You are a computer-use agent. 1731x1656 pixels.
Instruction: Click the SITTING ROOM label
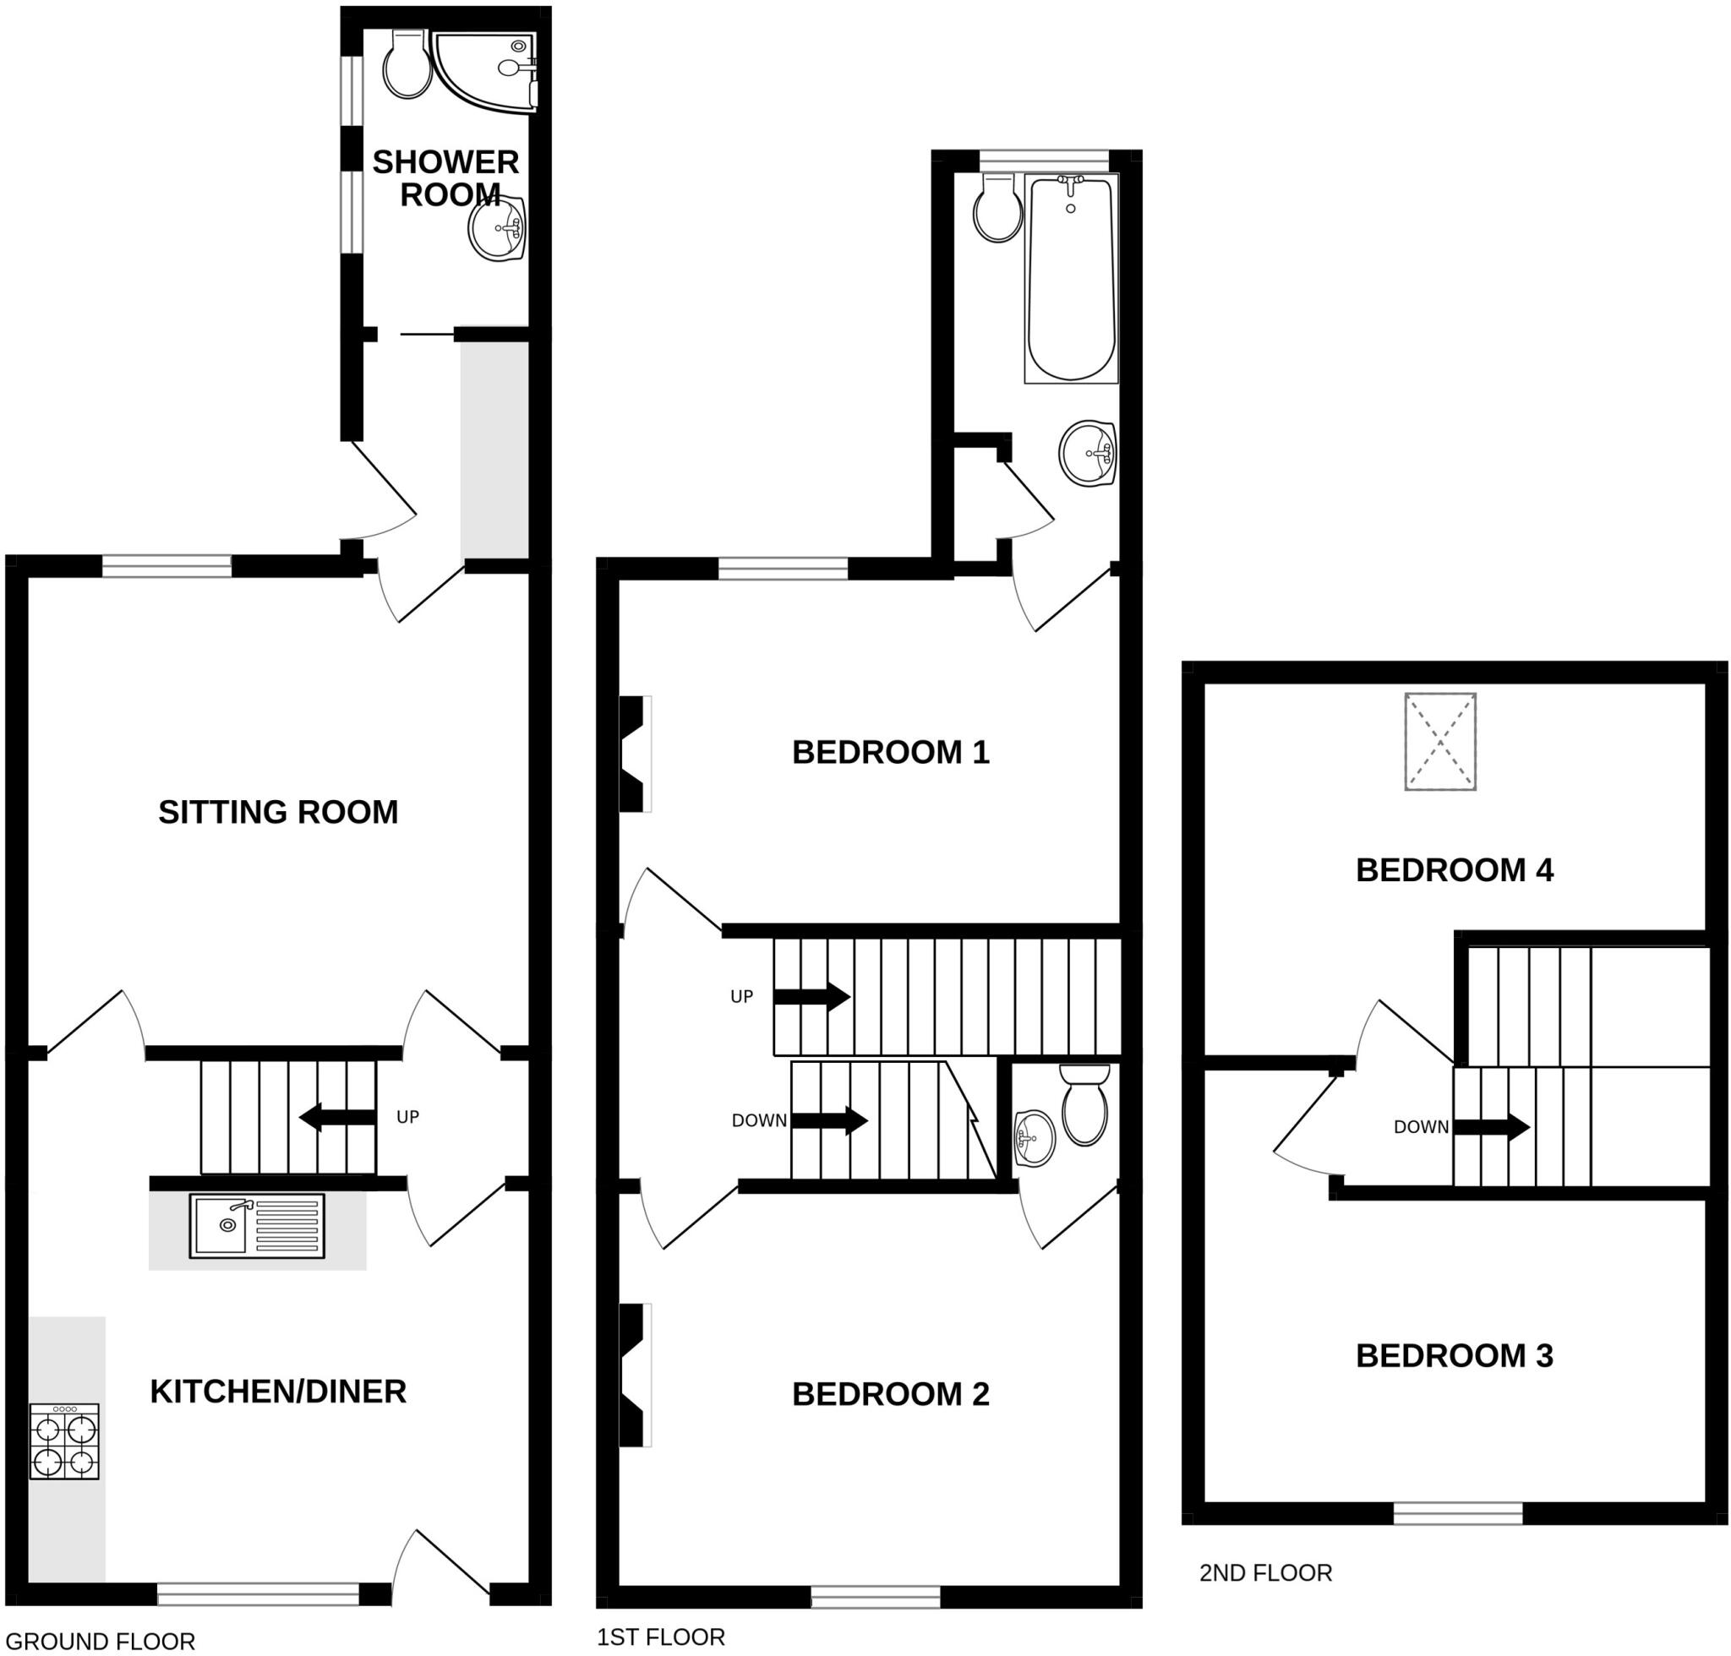pos(278,812)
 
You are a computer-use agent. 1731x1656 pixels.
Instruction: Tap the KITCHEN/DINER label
pos(278,1392)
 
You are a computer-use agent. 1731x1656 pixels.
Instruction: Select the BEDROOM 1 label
pos(890,753)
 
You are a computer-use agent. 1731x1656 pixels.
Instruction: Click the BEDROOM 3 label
pos(1455,1356)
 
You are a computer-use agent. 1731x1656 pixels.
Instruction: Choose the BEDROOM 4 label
pos(1455,870)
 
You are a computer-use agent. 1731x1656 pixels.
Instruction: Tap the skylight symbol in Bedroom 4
pos(1440,742)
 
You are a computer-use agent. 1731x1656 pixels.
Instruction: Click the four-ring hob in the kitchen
pos(64,1441)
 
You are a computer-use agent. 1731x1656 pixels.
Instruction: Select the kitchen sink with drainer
pos(257,1226)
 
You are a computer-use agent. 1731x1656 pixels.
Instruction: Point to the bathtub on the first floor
pos(1071,278)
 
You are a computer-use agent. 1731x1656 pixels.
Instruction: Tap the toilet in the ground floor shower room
pos(407,63)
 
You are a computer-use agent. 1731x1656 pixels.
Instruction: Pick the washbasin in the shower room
pos(497,228)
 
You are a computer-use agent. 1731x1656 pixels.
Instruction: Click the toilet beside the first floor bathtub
pos(998,209)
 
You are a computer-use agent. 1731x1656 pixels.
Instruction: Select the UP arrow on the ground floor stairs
pos(338,1118)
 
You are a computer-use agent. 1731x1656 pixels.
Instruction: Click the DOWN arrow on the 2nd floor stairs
pos(1492,1127)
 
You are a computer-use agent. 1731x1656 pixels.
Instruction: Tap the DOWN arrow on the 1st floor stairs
pos(829,1121)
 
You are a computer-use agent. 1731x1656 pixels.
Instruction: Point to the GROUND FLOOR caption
pos(100,1641)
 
